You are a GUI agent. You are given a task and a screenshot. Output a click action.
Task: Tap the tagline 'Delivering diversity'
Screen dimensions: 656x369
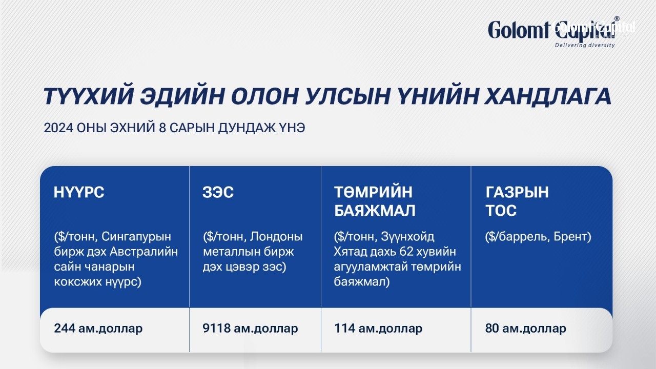pyautogui.click(x=585, y=45)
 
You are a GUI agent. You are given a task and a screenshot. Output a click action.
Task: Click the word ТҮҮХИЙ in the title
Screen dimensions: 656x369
pyautogui.click(x=89, y=96)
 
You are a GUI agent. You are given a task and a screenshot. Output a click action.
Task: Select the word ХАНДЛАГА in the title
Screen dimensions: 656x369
pyautogui.click(x=548, y=96)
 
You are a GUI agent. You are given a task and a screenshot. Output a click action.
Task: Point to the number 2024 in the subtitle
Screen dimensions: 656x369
pyautogui.click(x=58, y=128)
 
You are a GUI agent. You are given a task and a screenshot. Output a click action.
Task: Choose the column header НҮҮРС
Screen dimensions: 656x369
pyautogui.click(x=79, y=192)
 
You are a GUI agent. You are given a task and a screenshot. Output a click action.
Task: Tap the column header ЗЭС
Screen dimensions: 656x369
pyautogui.click(x=218, y=192)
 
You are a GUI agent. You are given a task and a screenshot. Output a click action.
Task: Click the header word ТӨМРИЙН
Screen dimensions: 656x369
pyautogui.click(x=373, y=192)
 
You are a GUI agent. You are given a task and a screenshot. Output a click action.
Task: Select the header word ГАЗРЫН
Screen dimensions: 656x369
pyautogui.click(x=517, y=192)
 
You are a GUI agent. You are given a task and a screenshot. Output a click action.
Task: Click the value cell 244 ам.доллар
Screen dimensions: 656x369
pyautogui.click(x=98, y=329)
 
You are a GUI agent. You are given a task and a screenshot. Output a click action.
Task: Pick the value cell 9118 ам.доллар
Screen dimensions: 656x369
pyautogui.click(x=250, y=329)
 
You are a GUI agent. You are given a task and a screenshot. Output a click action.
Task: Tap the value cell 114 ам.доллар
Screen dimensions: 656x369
pyautogui.click(x=378, y=329)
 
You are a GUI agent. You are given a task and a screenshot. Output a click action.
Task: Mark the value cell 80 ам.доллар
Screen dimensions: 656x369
pyautogui.click(x=526, y=329)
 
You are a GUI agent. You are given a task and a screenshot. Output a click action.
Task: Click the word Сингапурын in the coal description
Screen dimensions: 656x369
pyautogui.click(x=136, y=237)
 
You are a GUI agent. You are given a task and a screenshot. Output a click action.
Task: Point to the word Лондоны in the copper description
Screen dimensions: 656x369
pyautogui.click(x=276, y=237)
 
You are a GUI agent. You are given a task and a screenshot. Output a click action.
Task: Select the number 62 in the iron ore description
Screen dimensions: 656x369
pyautogui.click(x=417, y=252)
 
